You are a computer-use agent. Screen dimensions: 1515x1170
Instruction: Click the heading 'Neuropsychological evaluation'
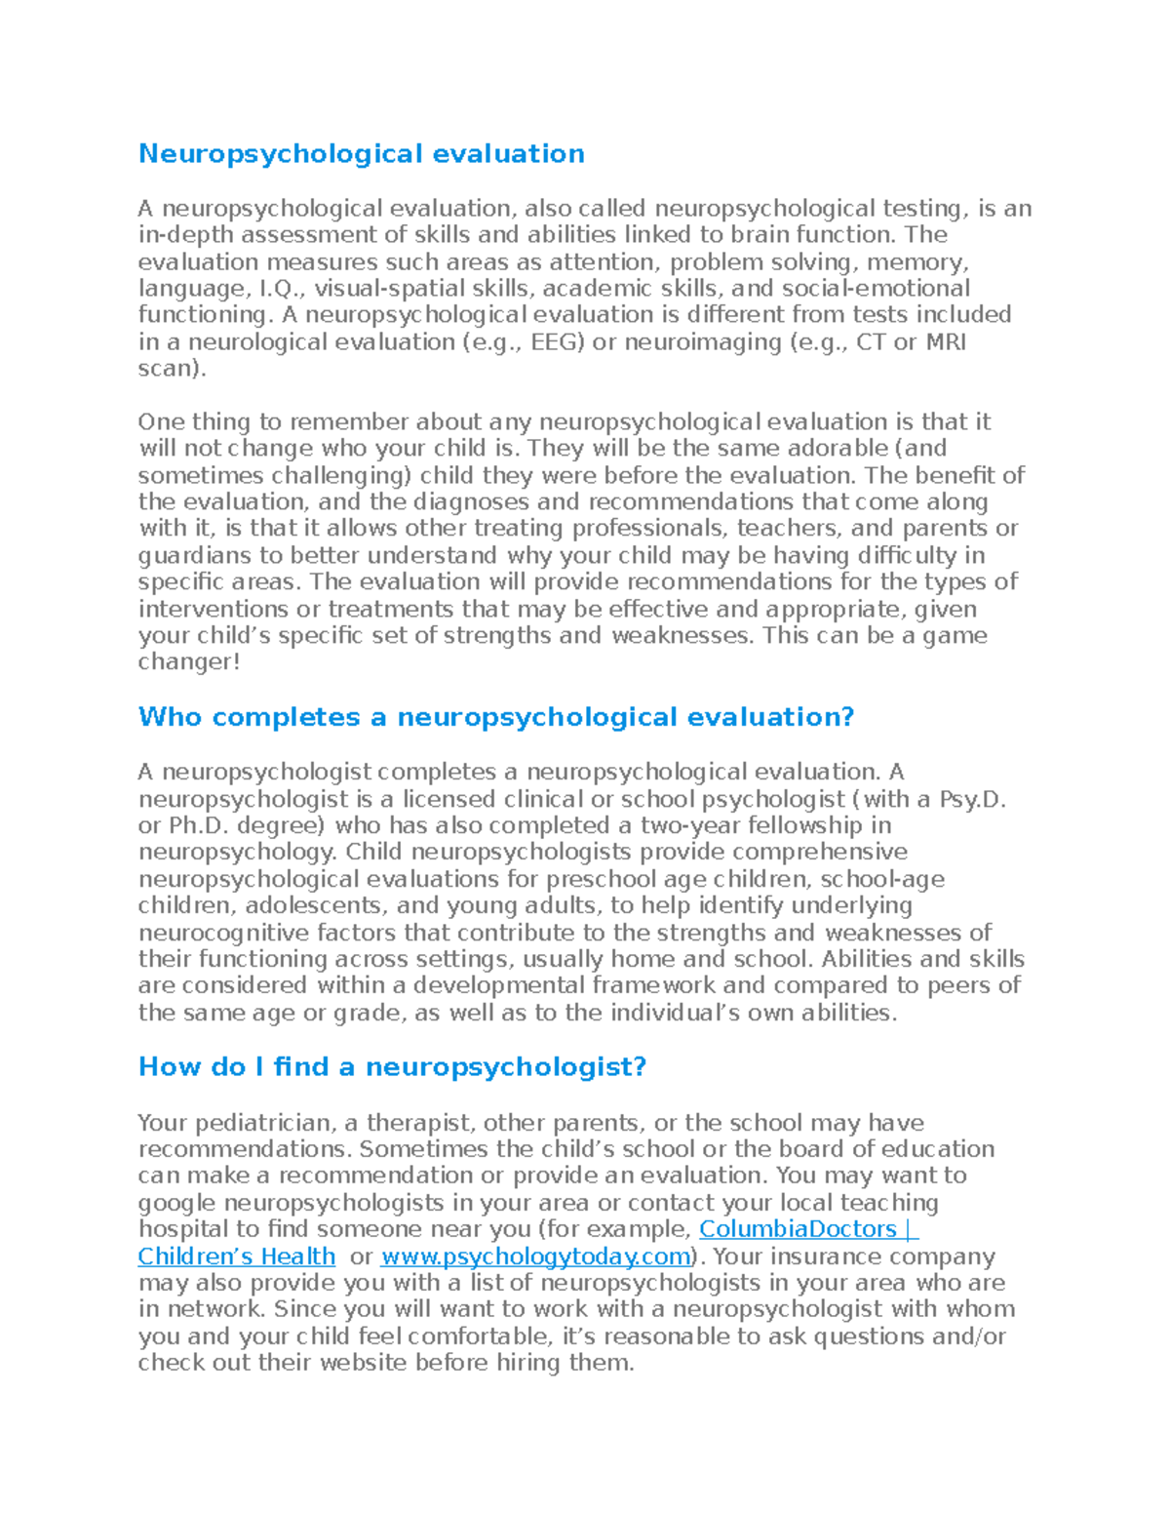[361, 154]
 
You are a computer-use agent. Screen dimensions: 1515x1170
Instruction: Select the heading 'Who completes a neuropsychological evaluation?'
[495, 717]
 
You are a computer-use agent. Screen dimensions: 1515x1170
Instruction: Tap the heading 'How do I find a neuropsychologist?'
[392, 1066]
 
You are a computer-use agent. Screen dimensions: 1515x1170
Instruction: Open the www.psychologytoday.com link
[535, 1256]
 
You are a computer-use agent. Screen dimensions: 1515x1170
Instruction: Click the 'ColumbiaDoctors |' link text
[808, 1229]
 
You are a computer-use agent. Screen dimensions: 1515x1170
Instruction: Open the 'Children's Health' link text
[236, 1256]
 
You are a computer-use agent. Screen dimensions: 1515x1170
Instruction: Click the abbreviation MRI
[945, 342]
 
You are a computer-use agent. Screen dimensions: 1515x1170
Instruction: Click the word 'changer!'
[188, 662]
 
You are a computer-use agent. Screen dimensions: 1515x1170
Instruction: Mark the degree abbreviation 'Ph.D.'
[199, 826]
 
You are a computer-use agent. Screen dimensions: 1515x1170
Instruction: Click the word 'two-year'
[688, 826]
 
